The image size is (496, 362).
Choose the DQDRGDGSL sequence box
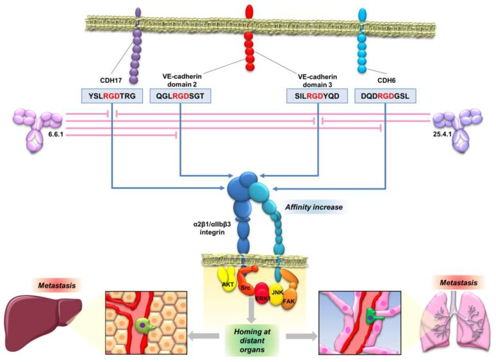pos(384,96)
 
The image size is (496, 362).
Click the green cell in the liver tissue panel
pos(149,326)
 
